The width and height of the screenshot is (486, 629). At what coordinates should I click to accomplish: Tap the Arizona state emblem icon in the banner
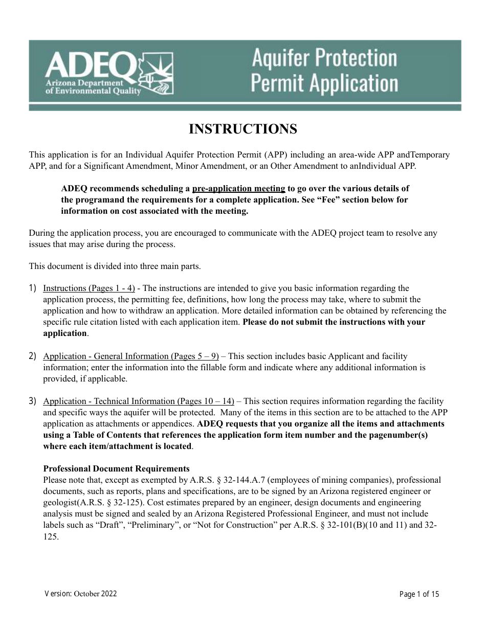click(157, 75)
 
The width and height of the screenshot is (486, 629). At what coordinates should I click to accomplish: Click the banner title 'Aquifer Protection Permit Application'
click(324, 71)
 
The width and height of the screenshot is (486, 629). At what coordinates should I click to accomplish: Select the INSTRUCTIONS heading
click(243, 129)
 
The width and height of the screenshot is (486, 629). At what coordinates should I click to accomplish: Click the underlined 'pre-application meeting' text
click(238, 189)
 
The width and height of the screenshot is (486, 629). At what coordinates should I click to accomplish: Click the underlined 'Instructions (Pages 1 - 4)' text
click(89, 288)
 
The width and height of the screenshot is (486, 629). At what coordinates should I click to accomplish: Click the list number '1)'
click(33, 288)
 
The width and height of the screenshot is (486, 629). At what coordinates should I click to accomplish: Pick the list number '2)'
click(33, 356)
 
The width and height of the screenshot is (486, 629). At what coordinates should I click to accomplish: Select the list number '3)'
click(33, 401)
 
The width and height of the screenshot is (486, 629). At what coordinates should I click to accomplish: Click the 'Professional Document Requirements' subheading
click(116, 469)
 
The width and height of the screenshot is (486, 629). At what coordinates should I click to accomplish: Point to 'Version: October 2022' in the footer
click(81, 594)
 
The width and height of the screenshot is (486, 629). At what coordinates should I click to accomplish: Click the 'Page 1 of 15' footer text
click(419, 594)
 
